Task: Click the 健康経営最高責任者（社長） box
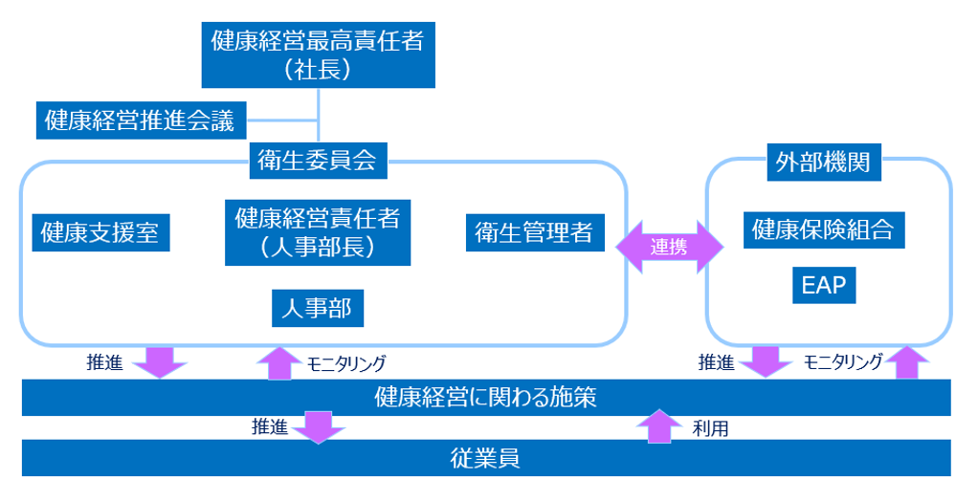(319, 54)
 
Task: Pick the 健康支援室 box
(101, 232)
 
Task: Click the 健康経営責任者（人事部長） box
(318, 231)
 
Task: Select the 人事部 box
(318, 308)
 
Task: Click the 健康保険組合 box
(824, 230)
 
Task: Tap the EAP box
(824, 285)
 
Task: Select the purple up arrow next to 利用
(658, 426)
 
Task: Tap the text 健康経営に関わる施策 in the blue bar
(486, 398)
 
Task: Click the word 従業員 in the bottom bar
(485, 458)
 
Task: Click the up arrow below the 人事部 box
(279, 362)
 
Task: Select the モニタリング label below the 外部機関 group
(843, 362)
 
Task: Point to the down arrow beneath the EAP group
(767, 361)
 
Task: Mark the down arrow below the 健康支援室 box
(158, 361)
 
